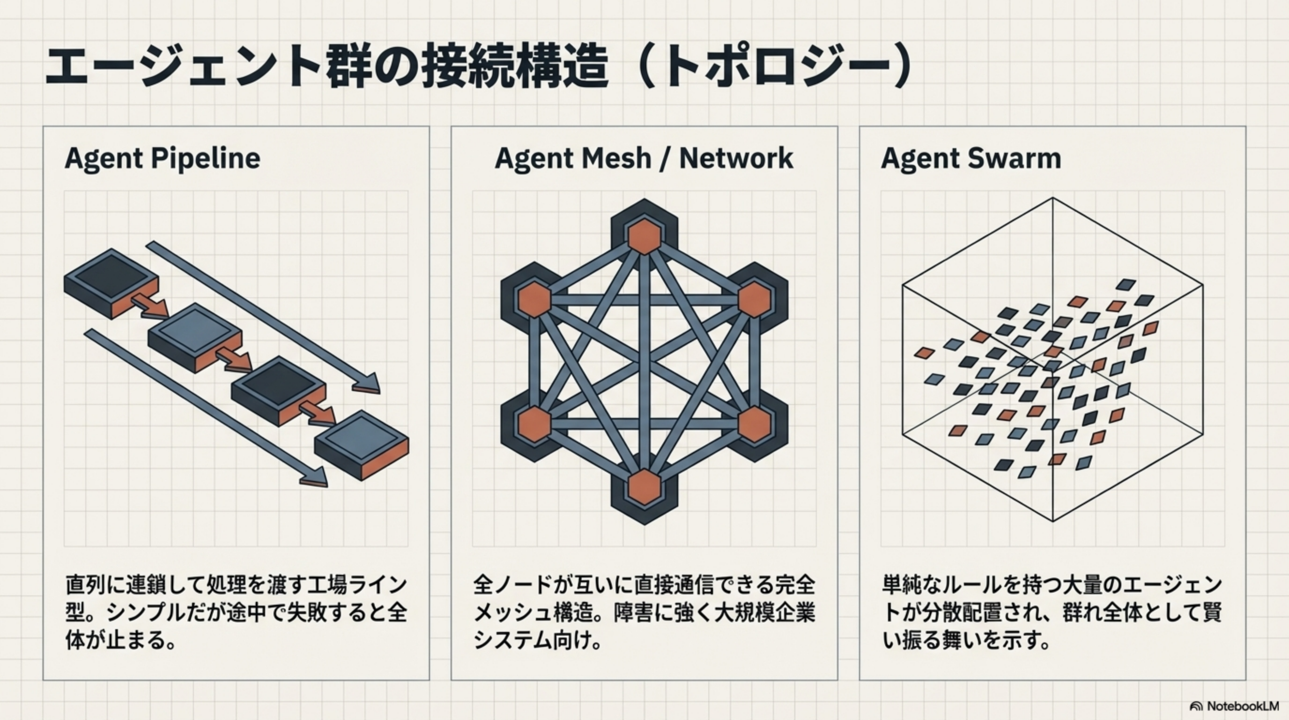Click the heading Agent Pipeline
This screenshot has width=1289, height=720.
163,158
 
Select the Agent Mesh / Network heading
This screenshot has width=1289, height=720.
644,158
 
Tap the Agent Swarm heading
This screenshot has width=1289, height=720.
971,158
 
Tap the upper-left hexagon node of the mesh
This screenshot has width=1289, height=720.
534,299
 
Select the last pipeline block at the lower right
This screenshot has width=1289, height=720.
362,443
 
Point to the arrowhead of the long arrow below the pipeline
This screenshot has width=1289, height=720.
315,478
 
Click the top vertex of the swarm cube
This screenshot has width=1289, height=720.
1052,198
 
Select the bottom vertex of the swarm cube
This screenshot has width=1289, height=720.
1052,521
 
